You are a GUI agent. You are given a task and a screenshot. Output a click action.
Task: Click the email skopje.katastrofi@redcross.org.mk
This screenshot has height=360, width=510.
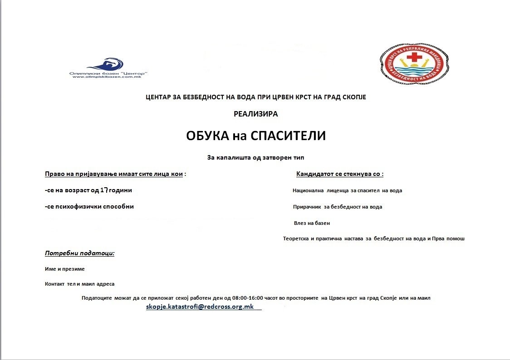200,307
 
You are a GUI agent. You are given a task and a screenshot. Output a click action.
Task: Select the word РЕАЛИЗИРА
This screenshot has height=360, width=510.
255,114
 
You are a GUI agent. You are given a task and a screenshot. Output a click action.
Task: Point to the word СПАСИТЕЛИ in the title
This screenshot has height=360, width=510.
288,136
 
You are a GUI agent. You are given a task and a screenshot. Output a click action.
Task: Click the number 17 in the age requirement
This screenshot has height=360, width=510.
103,190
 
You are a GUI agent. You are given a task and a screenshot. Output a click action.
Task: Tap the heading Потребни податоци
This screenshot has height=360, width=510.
79,253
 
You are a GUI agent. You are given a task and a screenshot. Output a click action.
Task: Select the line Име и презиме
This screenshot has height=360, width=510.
65,269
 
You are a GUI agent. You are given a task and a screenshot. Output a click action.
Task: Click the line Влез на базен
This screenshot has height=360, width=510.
312,223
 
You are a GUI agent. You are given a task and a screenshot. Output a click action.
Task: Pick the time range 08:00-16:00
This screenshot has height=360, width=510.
247,298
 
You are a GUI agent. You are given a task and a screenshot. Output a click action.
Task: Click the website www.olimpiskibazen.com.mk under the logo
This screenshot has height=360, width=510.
100,77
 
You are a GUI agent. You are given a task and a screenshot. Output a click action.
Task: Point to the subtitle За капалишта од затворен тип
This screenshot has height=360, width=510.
255,158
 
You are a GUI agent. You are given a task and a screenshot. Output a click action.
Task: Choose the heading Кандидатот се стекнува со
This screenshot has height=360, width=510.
339,174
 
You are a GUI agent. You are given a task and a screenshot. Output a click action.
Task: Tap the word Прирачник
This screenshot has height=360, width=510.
307,207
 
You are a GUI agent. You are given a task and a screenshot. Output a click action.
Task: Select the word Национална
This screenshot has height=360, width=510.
308,190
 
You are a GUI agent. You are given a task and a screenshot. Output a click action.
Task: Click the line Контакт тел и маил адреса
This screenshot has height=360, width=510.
80,284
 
